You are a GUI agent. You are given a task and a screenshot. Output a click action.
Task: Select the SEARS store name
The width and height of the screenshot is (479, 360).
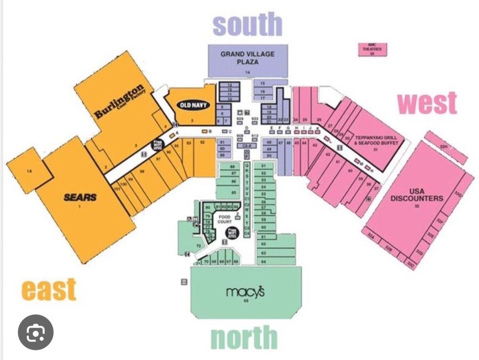81,197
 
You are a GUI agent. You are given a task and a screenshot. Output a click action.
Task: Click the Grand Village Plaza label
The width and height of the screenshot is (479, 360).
248,58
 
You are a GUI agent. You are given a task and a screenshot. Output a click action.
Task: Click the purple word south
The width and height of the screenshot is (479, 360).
248,25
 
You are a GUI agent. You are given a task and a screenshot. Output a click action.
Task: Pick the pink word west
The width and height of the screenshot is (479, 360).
427,103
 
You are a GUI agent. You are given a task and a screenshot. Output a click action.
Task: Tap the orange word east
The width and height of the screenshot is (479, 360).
49,289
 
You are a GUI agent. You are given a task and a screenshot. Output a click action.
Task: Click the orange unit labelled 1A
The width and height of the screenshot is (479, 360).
29,170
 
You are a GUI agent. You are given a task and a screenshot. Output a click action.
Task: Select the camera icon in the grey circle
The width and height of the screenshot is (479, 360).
36,331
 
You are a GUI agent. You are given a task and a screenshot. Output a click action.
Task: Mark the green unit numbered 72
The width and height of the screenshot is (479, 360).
197,245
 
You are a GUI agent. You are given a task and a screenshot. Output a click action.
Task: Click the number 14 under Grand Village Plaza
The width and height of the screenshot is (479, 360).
248,72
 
